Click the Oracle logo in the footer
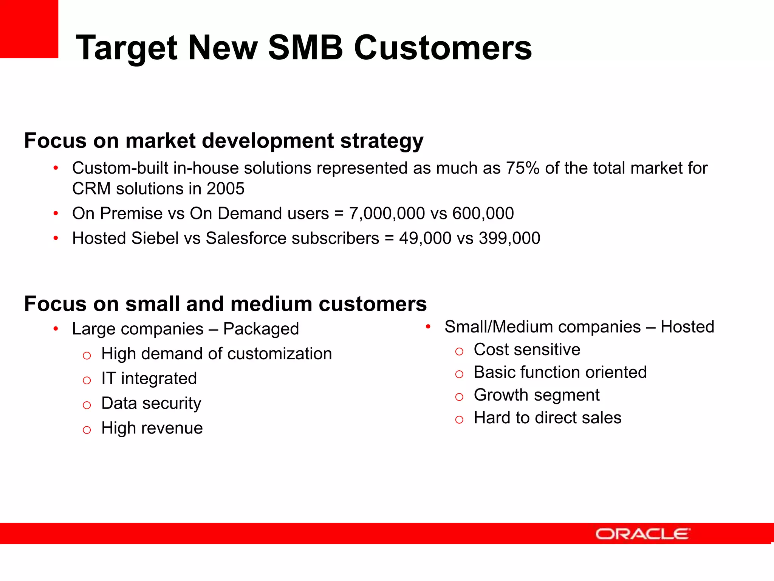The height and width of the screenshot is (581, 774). coord(642,534)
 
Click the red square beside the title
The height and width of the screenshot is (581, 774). coord(29,29)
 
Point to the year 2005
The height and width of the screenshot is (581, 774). coord(226,188)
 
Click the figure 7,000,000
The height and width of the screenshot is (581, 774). coord(387,213)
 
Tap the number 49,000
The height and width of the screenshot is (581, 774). coord(425,238)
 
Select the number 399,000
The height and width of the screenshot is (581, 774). coord(509,238)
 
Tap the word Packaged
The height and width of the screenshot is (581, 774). coord(261,329)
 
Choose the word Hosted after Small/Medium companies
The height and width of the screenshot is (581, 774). coord(687,326)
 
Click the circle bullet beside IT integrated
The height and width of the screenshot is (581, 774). coord(87,380)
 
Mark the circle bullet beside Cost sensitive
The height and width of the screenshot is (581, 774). coord(459,351)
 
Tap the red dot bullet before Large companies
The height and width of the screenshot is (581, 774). coord(56,329)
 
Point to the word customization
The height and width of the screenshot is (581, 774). coord(280,354)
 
